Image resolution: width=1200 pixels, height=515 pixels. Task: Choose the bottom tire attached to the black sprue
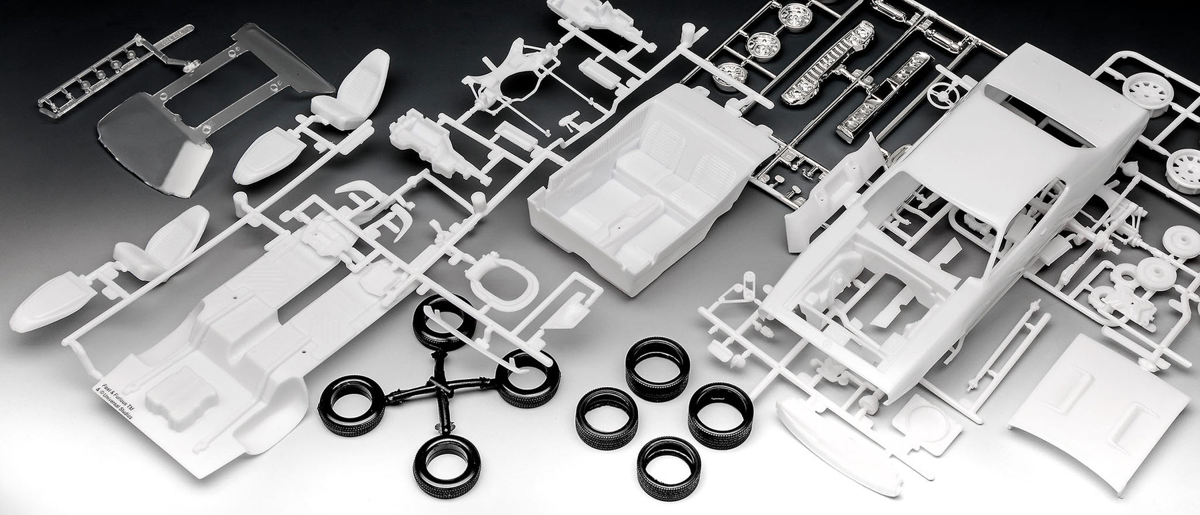click(440, 460)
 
